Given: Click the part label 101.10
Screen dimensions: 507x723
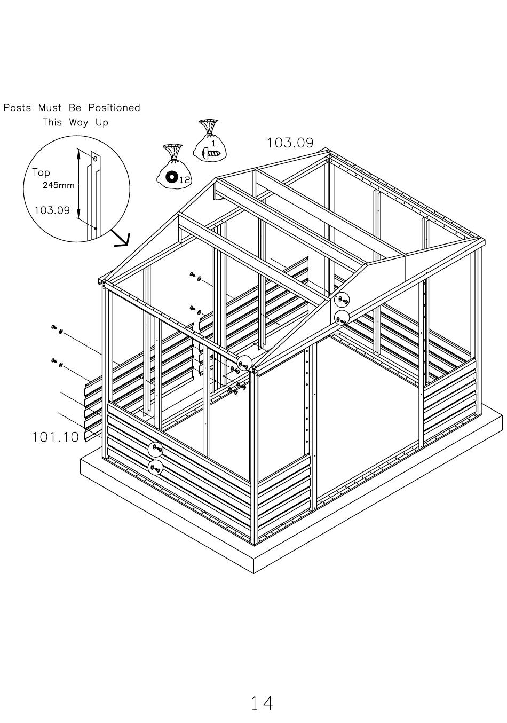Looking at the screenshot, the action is click(55, 437).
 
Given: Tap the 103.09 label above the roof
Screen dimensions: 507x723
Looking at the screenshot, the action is click(290, 143).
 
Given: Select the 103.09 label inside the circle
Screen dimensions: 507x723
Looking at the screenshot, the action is click(52, 210).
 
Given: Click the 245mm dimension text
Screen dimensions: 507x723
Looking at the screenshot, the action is click(58, 185).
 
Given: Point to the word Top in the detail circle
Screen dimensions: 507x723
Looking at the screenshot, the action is click(41, 172).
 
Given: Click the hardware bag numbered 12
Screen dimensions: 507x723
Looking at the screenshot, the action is click(174, 164).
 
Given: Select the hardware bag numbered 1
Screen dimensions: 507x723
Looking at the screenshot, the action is click(209, 139).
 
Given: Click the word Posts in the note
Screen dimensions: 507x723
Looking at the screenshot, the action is click(17, 107).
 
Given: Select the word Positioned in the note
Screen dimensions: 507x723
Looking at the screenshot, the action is click(114, 107).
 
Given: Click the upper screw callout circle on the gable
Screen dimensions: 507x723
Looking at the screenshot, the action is click(342, 300).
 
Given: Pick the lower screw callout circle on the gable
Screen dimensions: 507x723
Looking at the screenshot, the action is click(342, 319).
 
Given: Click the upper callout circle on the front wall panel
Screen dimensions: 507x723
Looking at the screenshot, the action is click(155, 448).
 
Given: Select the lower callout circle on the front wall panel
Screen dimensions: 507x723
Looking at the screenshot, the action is click(155, 467).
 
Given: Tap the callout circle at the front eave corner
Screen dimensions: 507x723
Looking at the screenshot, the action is click(244, 364).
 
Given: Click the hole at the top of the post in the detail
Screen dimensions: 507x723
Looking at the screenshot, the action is click(95, 159).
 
